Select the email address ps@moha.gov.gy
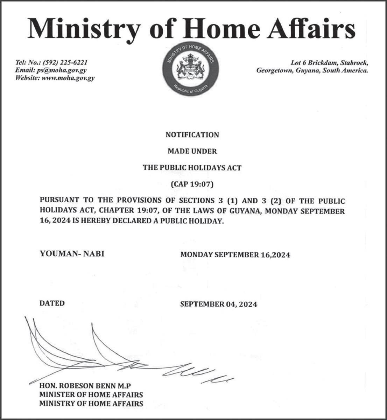point(62,70)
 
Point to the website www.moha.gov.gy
point(68,78)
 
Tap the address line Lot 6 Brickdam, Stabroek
point(329,63)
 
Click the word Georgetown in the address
point(272,70)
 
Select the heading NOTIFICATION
point(192,135)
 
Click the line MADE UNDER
point(192,151)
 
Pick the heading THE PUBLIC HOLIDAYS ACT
point(192,168)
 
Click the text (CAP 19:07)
point(192,184)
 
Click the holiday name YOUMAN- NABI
point(72,253)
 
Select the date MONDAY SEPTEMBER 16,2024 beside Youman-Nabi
point(235,255)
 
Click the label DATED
point(52,303)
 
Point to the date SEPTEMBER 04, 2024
point(219,304)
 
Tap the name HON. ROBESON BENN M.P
point(85,386)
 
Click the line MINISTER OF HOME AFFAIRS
point(91,395)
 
